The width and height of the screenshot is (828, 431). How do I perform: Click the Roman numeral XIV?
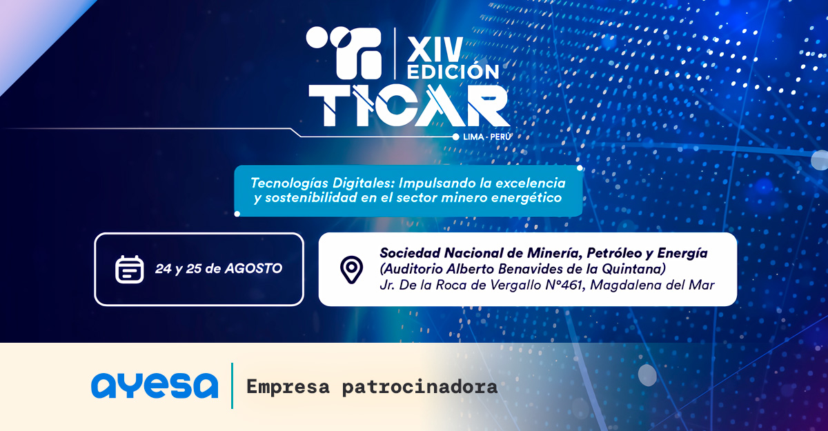point(435,50)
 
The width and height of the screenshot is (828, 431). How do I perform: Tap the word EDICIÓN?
point(453,72)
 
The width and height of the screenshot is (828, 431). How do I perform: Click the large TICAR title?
point(408,106)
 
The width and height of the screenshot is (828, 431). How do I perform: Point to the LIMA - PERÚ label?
point(487,137)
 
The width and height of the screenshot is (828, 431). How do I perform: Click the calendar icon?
point(130,269)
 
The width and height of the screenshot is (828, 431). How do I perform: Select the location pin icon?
point(351,270)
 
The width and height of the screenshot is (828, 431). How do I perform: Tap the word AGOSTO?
point(254,268)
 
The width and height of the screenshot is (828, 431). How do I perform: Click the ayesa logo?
point(155,385)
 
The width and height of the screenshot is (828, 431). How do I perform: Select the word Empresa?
point(288,387)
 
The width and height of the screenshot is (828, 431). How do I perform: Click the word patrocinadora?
point(420,387)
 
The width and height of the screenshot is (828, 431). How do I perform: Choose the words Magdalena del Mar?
point(652,285)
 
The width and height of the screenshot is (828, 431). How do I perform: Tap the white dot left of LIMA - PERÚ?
point(456,137)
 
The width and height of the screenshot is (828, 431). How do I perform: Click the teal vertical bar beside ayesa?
point(232,385)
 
